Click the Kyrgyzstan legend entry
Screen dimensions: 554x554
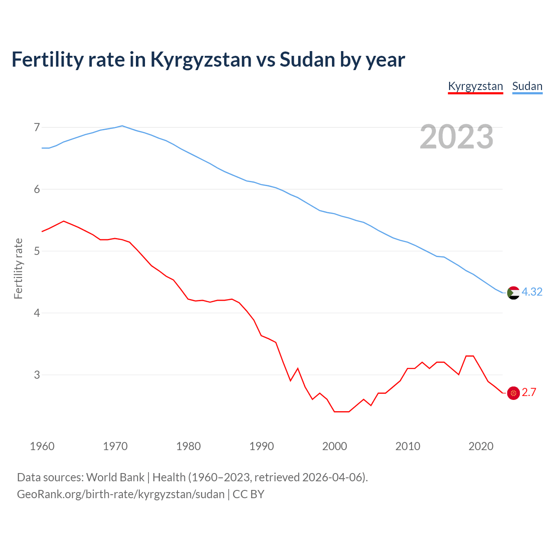point(475,86)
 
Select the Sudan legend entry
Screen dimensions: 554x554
point(527,86)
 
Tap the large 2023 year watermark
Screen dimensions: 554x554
point(457,137)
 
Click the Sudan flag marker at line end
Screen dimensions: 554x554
point(513,293)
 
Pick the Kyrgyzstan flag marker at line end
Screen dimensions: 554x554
point(513,393)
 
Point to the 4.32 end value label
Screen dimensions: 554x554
point(532,292)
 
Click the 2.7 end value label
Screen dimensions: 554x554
point(529,393)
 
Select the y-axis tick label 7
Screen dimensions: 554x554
point(37,127)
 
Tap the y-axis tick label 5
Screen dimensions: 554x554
point(37,251)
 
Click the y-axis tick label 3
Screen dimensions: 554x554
point(37,375)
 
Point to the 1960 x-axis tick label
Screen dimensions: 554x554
point(42,446)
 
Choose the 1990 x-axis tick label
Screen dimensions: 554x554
point(261,446)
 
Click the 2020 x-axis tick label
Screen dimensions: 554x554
point(481,446)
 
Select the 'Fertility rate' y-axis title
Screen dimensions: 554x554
point(18,268)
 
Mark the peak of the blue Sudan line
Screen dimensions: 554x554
point(122,126)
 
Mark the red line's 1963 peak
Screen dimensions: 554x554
point(64,221)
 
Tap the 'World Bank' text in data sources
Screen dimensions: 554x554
point(115,477)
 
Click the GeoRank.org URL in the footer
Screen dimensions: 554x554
point(121,494)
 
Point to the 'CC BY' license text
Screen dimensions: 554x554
point(248,494)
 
